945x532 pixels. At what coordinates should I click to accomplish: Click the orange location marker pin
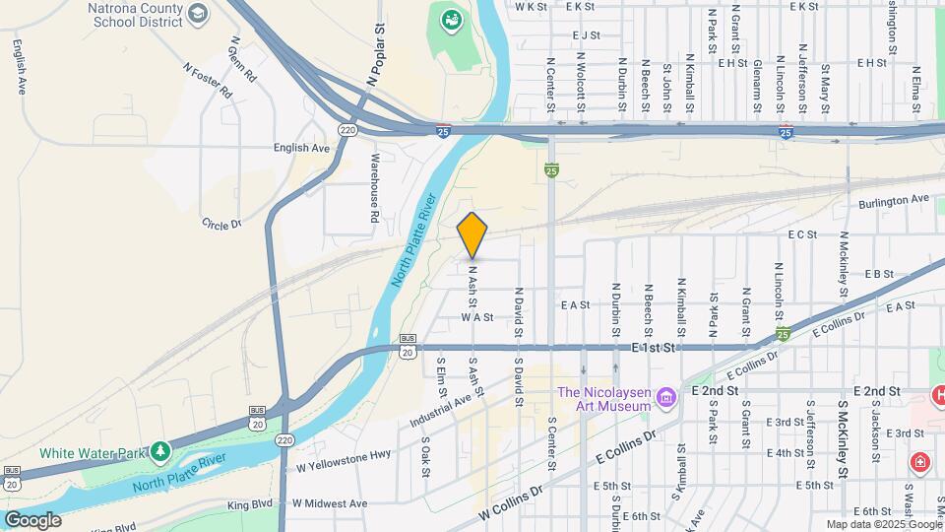[472, 234]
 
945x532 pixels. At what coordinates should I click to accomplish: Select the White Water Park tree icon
[159, 451]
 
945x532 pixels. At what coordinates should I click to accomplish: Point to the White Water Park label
[92, 453]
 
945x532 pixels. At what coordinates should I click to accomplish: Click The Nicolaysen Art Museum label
[604, 399]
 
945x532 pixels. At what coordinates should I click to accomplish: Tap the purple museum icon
[667, 398]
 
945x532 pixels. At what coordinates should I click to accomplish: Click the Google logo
[32, 519]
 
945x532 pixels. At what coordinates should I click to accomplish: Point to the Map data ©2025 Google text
[883, 524]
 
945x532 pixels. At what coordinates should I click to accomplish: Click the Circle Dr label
[221, 224]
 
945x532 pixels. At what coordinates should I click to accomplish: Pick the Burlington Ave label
[893, 199]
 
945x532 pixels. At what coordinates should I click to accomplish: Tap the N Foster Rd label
[206, 80]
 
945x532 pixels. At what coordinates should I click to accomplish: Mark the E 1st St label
[657, 349]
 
